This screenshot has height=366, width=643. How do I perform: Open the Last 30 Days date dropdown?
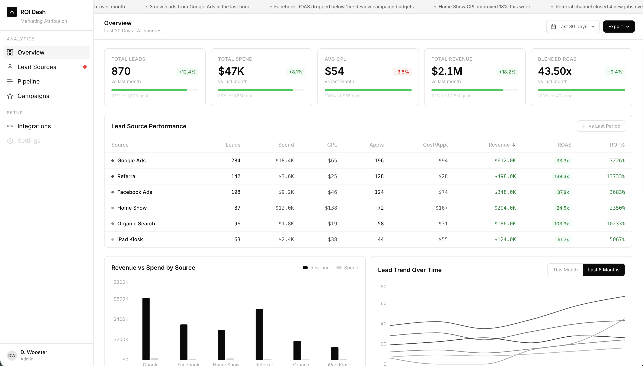pyautogui.click(x=573, y=26)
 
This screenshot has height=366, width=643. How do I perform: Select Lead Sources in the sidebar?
pyautogui.click(x=37, y=67)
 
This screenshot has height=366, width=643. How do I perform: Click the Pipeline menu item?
pyautogui.click(x=28, y=81)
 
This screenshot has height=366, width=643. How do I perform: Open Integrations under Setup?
pyautogui.click(x=34, y=126)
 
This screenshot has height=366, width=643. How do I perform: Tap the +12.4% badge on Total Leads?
pyautogui.click(x=187, y=72)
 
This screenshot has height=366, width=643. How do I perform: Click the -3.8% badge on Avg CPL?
pyautogui.click(x=402, y=72)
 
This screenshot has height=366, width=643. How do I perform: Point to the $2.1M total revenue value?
pyautogui.click(x=447, y=71)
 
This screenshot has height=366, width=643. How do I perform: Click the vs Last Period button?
pyautogui.click(x=601, y=126)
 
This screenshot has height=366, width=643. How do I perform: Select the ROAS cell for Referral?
pyautogui.click(x=561, y=176)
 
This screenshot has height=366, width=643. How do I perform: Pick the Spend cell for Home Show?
pyautogui.click(x=284, y=208)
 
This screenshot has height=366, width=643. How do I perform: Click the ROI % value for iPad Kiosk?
pyautogui.click(x=617, y=239)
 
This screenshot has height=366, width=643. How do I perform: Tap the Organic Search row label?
pyautogui.click(x=136, y=224)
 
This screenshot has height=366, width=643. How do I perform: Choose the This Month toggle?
pyautogui.click(x=565, y=270)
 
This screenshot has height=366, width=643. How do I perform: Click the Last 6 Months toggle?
pyautogui.click(x=603, y=270)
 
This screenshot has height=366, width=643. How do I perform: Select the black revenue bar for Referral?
pyautogui.click(x=259, y=334)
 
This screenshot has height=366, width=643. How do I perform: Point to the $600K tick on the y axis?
pyautogui.click(x=121, y=299)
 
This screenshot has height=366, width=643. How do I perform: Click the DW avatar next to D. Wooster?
pyautogui.click(x=12, y=355)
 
